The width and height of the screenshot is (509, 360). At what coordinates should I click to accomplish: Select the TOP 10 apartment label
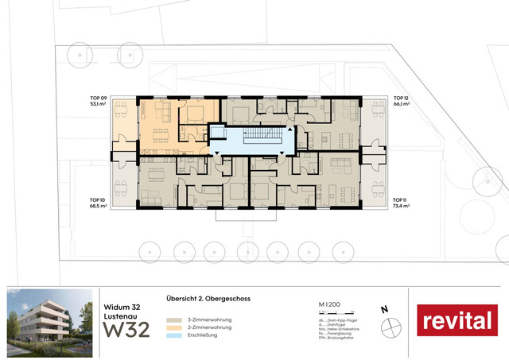pos(98,199)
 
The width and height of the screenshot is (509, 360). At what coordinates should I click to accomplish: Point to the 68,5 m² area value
pos(99,205)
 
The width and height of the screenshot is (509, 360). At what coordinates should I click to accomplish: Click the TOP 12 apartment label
pos(401,99)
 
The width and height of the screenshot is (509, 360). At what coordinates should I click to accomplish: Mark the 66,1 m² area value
pos(401,105)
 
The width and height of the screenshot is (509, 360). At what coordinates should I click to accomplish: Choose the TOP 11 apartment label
pos(399,199)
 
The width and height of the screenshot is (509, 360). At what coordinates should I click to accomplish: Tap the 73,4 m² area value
pos(400,205)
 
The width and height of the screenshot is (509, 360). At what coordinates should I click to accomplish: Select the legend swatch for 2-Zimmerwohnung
pos(172,327)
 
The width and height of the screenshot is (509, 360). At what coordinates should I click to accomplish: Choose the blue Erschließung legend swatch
pos(172,335)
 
